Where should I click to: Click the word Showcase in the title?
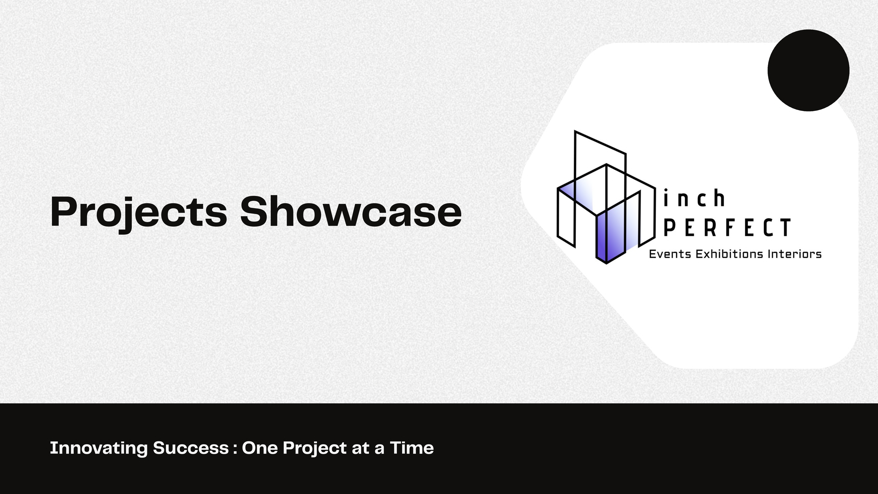[351, 211]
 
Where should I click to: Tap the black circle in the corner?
[808, 70]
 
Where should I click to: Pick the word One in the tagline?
[260, 448]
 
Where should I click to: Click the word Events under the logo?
[669, 254]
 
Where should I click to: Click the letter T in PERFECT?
[785, 227]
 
